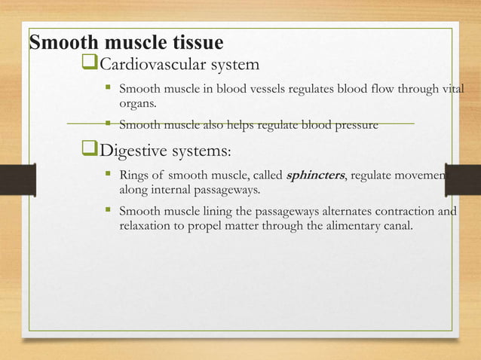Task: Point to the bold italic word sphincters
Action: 315,175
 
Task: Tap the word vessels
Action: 260,90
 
